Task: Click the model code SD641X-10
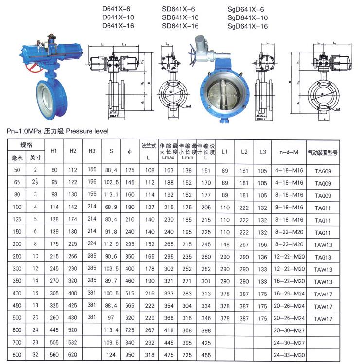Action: (180, 17)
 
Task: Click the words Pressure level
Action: (87, 131)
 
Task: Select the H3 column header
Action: (92, 151)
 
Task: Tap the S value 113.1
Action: (111, 195)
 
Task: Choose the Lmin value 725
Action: (186, 355)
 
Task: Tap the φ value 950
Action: (130, 355)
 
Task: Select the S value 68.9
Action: (111, 208)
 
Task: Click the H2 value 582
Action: (73, 343)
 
